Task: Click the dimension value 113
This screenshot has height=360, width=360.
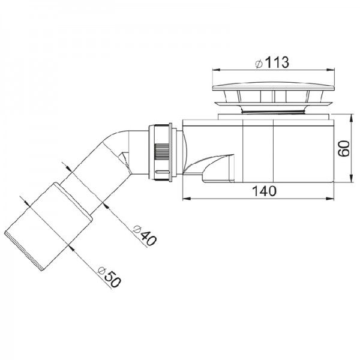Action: click(277, 62)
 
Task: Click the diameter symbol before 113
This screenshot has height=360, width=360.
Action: click(256, 62)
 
